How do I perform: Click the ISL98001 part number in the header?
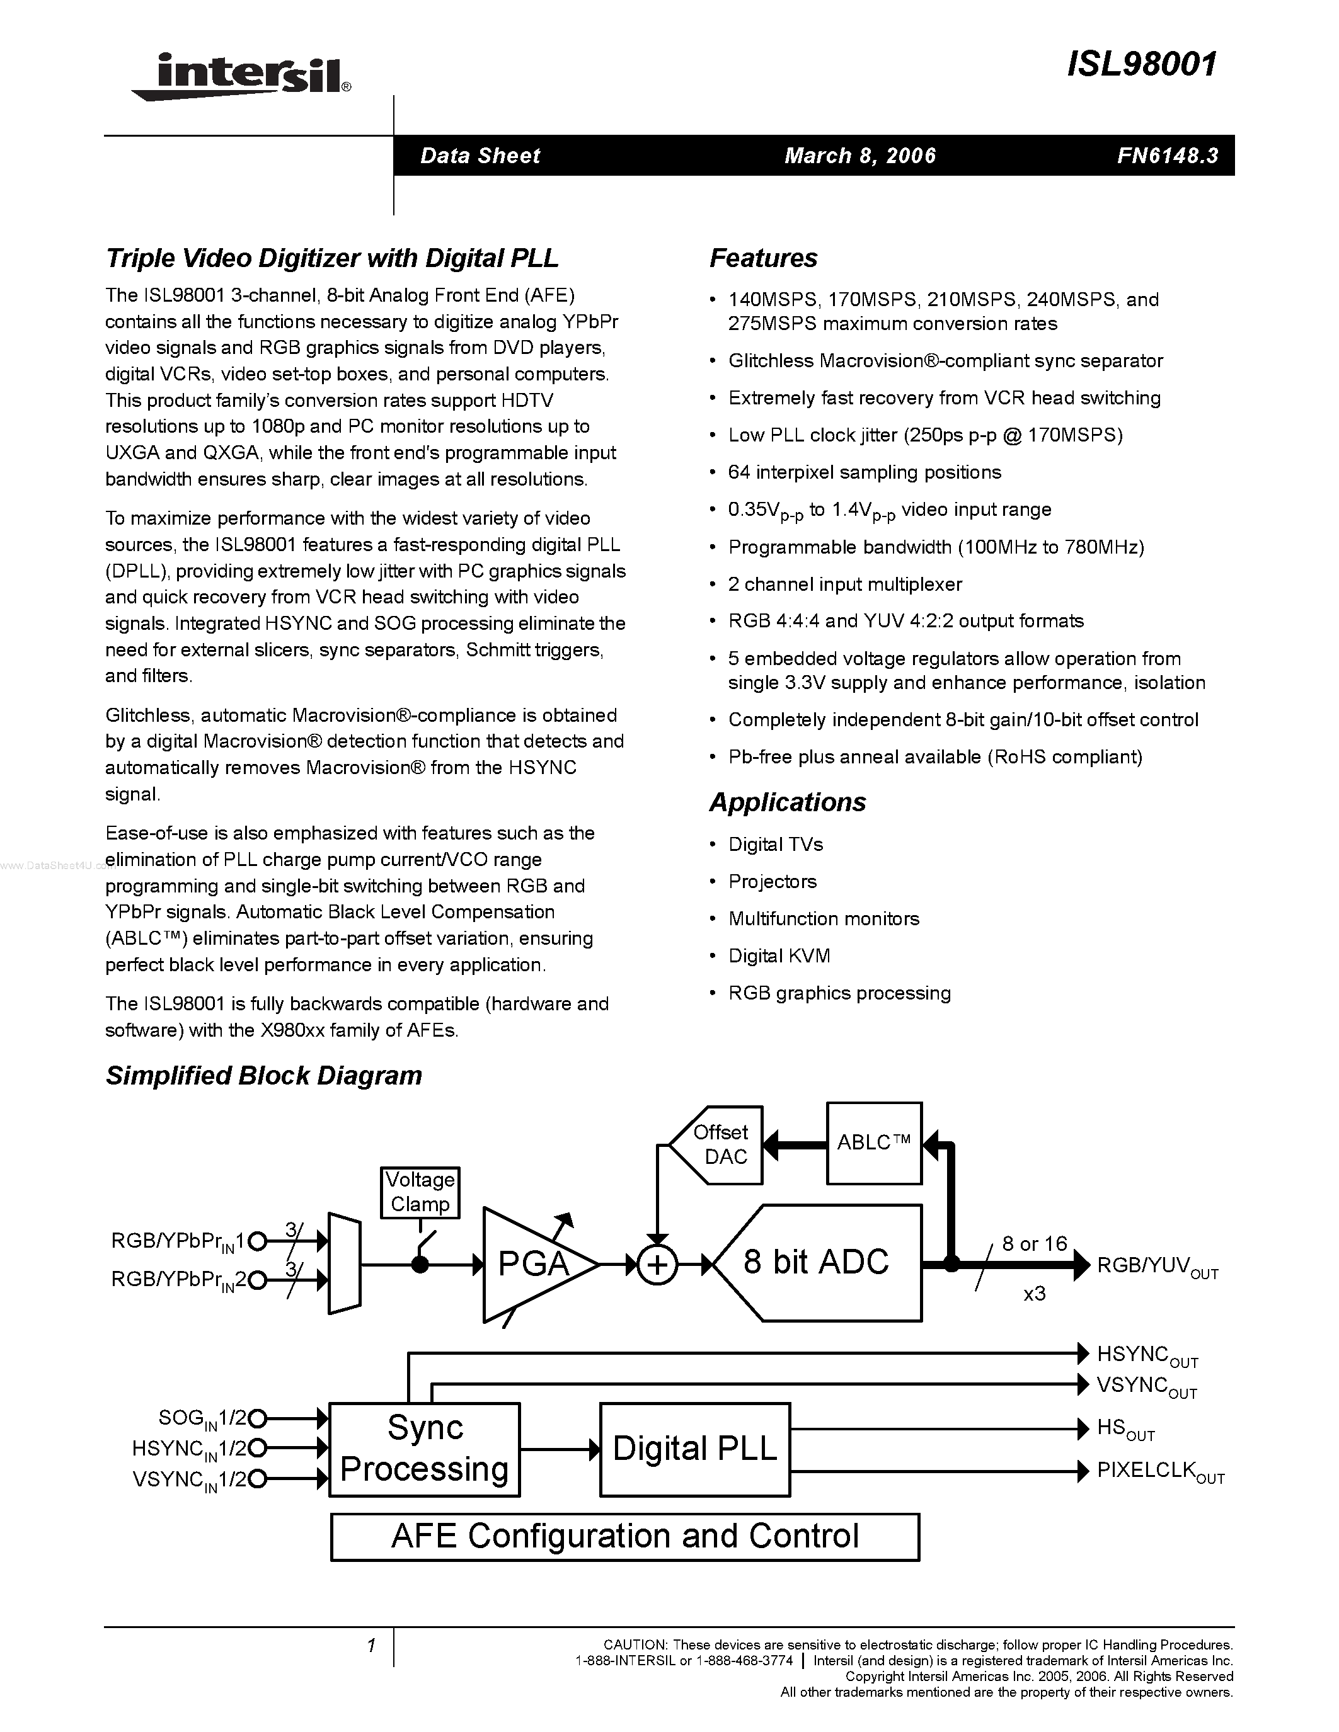tap(1142, 64)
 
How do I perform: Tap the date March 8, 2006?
tap(860, 156)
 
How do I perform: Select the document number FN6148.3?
tap(1167, 156)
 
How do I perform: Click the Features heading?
tap(763, 258)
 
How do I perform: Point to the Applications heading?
tap(787, 802)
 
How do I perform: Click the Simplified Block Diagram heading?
tap(263, 1075)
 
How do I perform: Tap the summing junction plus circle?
tap(657, 1265)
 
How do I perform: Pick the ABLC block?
tap(873, 1142)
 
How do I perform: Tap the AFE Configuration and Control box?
tap(624, 1536)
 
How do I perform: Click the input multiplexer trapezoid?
tap(344, 1264)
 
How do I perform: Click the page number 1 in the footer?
tap(371, 1646)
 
